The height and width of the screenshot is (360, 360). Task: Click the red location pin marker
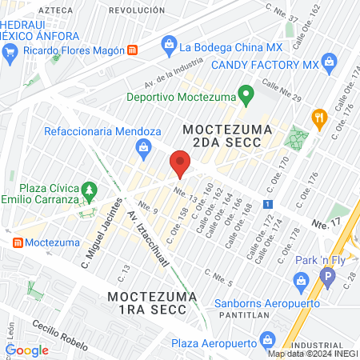pyautogui.click(x=180, y=166)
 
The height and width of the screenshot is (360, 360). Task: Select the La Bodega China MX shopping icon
pyautogui.click(x=169, y=46)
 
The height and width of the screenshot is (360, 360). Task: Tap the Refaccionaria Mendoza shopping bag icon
pyautogui.click(x=143, y=147)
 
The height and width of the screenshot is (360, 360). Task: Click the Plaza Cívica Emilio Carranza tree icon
pyautogui.click(x=90, y=192)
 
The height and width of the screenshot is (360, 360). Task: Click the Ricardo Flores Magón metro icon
pyautogui.click(x=132, y=50)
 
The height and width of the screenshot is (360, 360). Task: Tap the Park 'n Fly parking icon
pyautogui.click(x=325, y=278)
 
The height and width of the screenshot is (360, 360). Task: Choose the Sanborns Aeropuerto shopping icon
pyautogui.click(x=301, y=280)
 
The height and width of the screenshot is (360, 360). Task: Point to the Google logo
pyautogui.click(x=26, y=350)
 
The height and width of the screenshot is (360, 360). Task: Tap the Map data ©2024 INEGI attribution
pyautogui.click(x=313, y=354)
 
